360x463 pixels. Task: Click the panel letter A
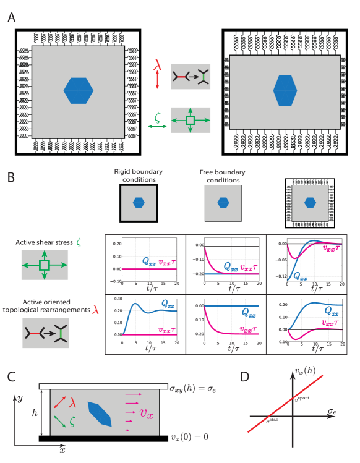(12, 18)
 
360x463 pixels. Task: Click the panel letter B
(12, 177)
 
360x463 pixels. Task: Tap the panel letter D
(245, 376)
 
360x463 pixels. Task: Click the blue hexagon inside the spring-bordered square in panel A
(79, 90)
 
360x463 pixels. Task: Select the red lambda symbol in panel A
(157, 63)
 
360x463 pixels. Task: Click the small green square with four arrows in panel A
(191, 120)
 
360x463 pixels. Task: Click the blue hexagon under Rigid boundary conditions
(139, 202)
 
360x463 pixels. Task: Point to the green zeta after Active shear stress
(79, 244)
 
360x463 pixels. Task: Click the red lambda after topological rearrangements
(95, 309)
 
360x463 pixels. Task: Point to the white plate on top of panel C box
(102, 386)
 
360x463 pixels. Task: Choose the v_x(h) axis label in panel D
(304, 371)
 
